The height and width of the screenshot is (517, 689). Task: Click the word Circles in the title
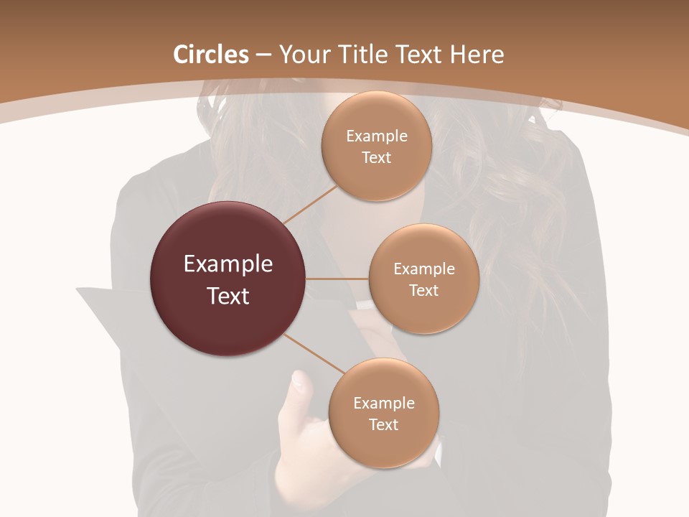(x=211, y=55)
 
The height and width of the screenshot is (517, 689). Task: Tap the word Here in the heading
(x=477, y=55)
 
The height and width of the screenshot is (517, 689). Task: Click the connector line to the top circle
(x=310, y=204)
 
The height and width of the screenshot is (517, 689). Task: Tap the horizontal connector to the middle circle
(x=337, y=279)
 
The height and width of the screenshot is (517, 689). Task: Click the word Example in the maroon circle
(x=228, y=264)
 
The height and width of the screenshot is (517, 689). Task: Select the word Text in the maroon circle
(x=228, y=296)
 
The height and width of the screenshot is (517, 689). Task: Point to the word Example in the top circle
(x=377, y=136)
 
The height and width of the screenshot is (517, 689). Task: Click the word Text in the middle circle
(x=424, y=291)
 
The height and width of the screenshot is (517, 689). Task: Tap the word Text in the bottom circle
(x=384, y=425)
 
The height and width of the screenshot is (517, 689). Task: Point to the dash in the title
(x=263, y=55)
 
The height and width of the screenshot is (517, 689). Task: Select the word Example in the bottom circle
(x=384, y=404)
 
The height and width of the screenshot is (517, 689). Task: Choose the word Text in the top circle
(x=376, y=158)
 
